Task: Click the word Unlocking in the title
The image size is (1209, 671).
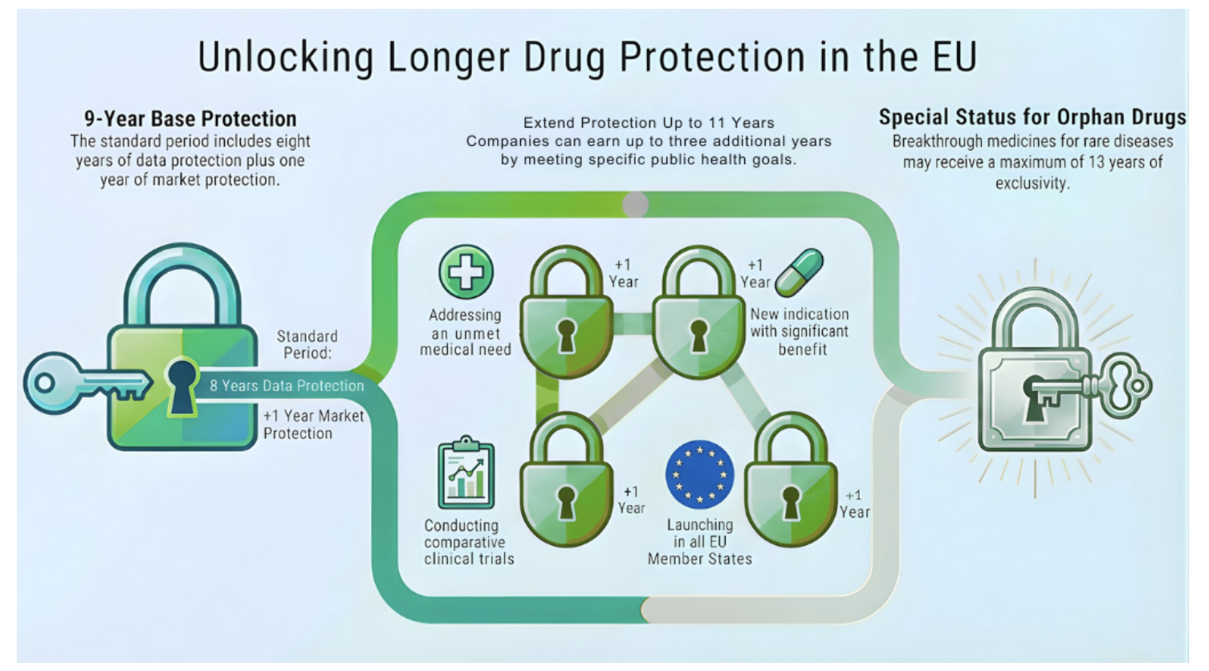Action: pyautogui.click(x=286, y=57)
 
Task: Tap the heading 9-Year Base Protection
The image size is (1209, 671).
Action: pyautogui.click(x=190, y=119)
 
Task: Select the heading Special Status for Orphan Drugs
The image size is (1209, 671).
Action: pyautogui.click(x=1032, y=117)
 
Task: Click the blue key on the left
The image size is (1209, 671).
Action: pyautogui.click(x=88, y=383)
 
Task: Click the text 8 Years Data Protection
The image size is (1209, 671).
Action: pyautogui.click(x=287, y=385)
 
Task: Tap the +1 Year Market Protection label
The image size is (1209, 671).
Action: pyautogui.click(x=314, y=425)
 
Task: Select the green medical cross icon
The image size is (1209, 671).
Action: pyautogui.click(x=466, y=271)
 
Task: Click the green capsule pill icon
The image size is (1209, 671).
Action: pyautogui.click(x=800, y=273)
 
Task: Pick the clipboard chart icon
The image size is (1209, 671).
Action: pyautogui.click(x=466, y=472)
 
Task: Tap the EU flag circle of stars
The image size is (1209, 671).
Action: pyautogui.click(x=699, y=474)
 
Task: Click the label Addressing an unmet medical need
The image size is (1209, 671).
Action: pyautogui.click(x=466, y=332)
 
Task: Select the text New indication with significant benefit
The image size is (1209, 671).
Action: pyautogui.click(x=800, y=331)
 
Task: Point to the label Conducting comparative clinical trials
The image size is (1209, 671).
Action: pyautogui.click(x=469, y=542)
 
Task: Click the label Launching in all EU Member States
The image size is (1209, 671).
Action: pyautogui.click(x=699, y=542)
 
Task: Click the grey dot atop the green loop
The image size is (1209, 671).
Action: pyautogui.click(x=635, y=204)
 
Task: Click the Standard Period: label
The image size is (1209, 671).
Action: pyautogui.click(x=307, y=344)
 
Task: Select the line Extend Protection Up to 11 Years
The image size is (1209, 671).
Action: pyautogui.click(x=649, y=123)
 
